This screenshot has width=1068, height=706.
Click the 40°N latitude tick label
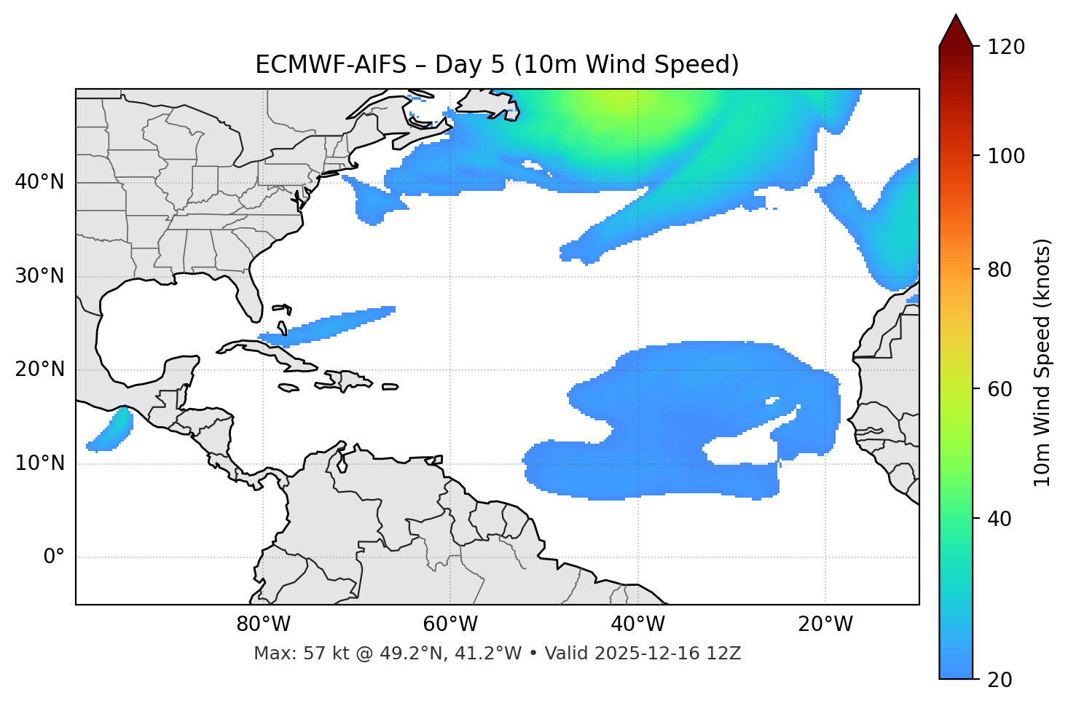tap(39, 182)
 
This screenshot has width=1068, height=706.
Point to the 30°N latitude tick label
tap(39, 276)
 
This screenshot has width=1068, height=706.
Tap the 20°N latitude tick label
tap(39, 369)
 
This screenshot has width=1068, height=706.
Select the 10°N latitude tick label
tap(39, 463)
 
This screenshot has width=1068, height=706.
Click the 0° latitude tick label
tap(54, 557)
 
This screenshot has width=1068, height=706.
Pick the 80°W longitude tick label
tap(263, 624)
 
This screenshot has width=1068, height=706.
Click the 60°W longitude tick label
tap(450, 624)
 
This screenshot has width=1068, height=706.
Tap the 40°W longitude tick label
tap(637, 624)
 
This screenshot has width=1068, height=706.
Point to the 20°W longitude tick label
tap(825, 624)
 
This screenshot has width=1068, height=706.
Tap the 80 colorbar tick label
tap(1001, 270)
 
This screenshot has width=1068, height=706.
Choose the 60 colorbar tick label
tap(1001, 389)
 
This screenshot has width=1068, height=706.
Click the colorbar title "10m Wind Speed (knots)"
tap(1043, 362)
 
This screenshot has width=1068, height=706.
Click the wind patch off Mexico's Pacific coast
tap(113, 431)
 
